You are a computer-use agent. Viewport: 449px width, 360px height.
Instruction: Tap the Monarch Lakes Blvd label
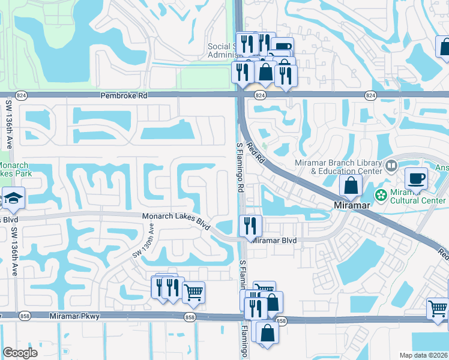pos(175,220)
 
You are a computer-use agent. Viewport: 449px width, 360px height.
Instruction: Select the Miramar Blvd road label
pos(274,241)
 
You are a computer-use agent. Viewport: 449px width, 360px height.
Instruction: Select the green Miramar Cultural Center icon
pos(380,195)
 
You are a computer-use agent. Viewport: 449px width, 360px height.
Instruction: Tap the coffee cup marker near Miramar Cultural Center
pos(416,178)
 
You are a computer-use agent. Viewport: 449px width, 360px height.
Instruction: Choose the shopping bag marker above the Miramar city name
pos(351,186)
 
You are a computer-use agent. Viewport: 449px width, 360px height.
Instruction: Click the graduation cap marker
pos(12,198)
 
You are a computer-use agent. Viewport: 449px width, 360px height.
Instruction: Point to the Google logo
pos(20,352)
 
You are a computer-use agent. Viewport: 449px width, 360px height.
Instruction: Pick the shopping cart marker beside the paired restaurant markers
pos(193,293)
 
